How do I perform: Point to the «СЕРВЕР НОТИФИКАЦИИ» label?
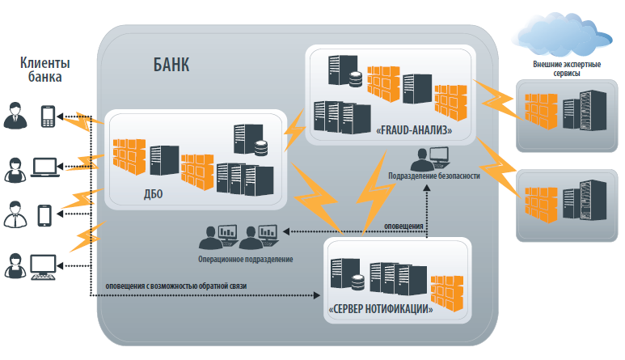point(381,308)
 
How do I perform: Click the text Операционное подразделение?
point(245,260)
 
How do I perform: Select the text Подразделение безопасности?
point(434,176)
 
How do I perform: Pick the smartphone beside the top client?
point(47,116)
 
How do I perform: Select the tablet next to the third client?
point(45,215)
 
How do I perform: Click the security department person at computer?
point(434,156)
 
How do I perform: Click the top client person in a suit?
point(15,116)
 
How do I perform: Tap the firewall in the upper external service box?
point(539,108)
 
